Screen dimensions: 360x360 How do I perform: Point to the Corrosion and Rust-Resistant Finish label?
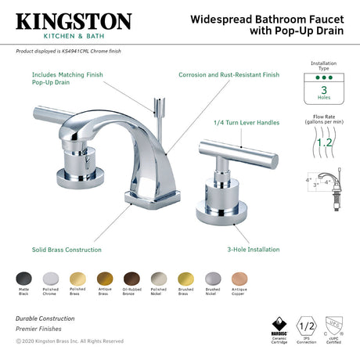pyautogui.click(x=229, y=75)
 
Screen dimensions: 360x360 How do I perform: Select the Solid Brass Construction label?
pyautogui.click(x=66, y=250)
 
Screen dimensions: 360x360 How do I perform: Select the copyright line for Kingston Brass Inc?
pyautogui.click(x=69, y=341)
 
